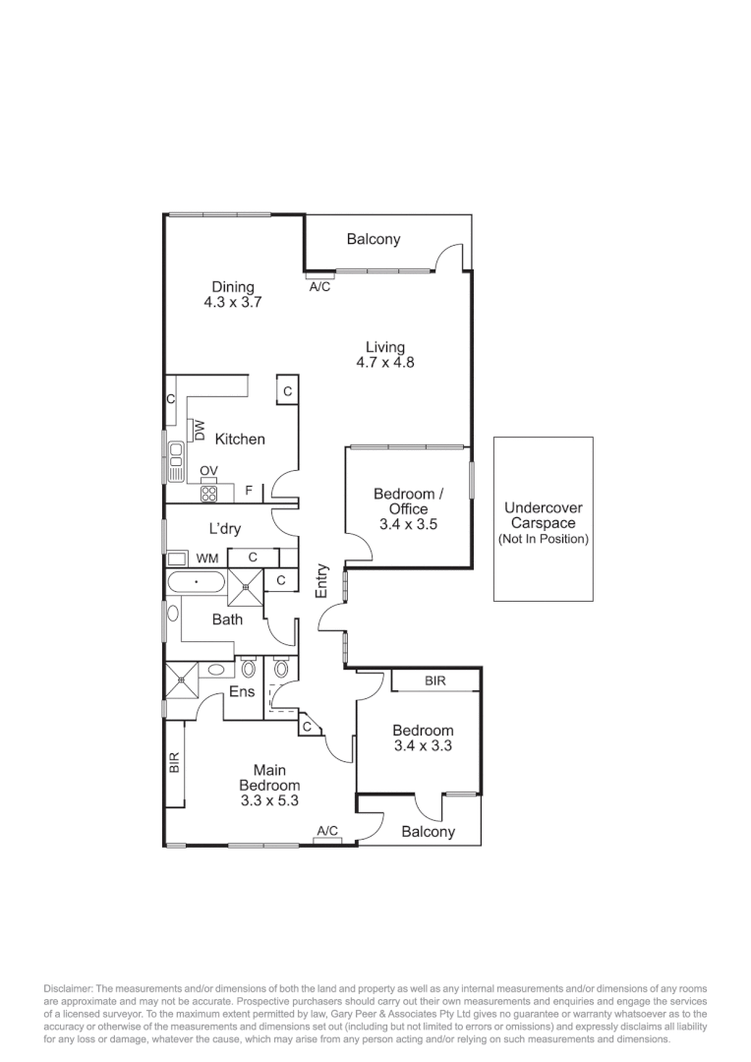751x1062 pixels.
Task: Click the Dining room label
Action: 232,287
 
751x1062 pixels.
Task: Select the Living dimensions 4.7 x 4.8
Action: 385,362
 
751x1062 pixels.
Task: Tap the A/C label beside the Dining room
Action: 319,287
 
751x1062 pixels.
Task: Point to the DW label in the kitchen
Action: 200,430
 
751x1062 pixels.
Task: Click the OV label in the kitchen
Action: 208,472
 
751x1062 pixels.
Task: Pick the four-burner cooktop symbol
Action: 208,493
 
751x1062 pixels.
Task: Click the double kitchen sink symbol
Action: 176,462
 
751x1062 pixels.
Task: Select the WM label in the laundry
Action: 206,559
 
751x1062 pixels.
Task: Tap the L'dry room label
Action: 224,529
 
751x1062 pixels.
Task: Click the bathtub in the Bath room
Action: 197,582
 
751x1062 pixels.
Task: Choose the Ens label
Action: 242,692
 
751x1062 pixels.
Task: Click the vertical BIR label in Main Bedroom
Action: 174,762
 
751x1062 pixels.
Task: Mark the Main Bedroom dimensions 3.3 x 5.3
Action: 269,801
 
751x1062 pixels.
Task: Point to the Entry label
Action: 321,579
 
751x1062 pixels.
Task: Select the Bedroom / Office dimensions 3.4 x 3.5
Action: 408,524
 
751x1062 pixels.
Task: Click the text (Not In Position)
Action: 544,539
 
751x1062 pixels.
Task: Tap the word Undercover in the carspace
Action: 544,508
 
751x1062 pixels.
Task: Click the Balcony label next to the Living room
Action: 374,239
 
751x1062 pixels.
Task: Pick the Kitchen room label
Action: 240,440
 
